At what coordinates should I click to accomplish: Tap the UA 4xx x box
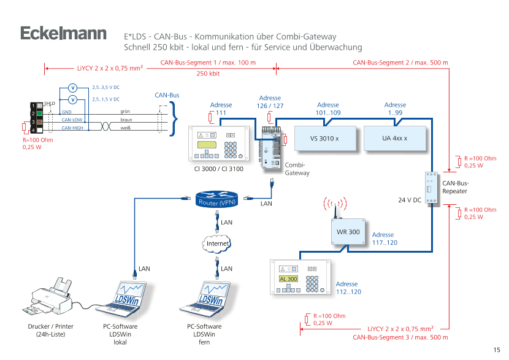pyautogui.click(x=395, y=139)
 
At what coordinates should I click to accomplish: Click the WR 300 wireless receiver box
pyautogui.click(x=348, y=233)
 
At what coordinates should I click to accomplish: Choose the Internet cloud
pyautogui.click(x=218, y=243)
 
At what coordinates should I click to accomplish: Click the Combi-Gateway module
pyautogui.click(x=270, y=147)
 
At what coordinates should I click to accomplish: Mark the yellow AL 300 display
pyautogui.click(x=287, y=279)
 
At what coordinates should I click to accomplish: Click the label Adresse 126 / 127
pyautogui.click(x=270, y=102)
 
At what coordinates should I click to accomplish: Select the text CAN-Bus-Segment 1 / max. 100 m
pyautogui.click(x=208, y=63)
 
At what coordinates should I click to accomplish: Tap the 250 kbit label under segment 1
pyautogui.click(x=208, y=74)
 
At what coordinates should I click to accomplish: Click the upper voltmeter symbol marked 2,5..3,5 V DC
pyautogui.click(x=72, y=88)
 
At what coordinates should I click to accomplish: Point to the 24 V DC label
pyautogui.click(x=409, y=200)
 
